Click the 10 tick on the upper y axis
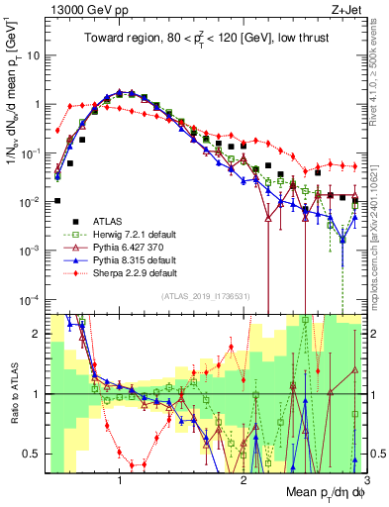coord(32,55)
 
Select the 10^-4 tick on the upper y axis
coord(30,299)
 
